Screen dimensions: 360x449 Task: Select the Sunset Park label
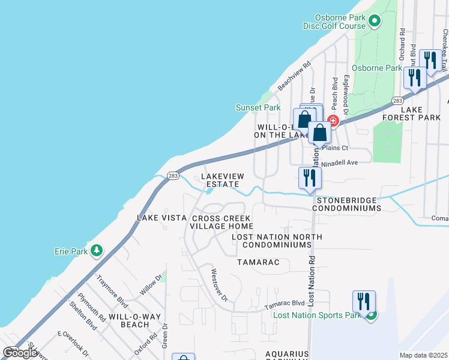tap(258, 108)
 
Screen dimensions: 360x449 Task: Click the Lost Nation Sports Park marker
tap(372, 314)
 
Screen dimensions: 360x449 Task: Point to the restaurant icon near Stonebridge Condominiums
tap(310, 178)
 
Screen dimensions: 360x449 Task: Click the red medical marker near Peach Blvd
tap(333, 121)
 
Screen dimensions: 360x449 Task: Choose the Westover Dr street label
tap(219, 285)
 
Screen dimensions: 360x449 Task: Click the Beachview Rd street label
tap(294, 76)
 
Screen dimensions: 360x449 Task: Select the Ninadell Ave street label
tap(340, 162)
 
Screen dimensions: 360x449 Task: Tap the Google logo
tap(20, 353)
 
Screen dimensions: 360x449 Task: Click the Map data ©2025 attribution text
tap(423, 355)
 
